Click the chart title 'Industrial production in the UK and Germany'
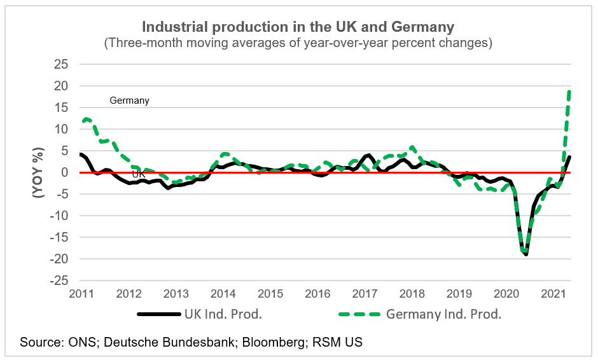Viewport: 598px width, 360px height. [298, 27]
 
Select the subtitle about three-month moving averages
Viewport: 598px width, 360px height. [298, 43]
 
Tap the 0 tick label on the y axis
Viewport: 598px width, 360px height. [65, 172]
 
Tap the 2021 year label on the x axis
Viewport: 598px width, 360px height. [553, 294]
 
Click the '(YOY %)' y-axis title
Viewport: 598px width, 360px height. [39, 172]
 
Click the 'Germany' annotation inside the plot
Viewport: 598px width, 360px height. [129, 100]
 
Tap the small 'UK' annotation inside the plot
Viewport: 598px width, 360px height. [138, 173]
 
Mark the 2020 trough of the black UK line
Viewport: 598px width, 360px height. [526, 254]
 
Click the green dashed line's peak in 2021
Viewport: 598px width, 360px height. [568, 91]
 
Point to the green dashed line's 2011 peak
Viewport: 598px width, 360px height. [87, 118]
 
